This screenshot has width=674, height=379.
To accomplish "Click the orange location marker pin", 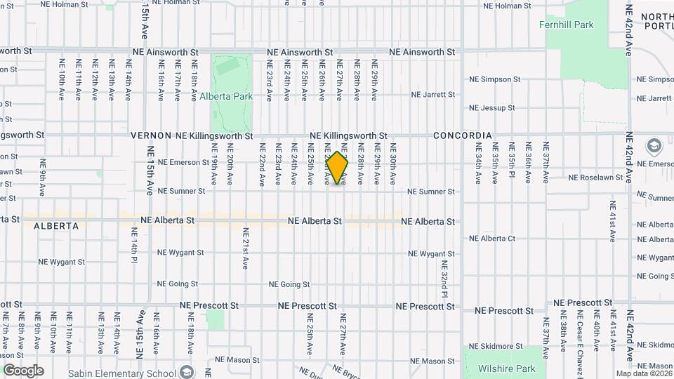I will click(337, 168).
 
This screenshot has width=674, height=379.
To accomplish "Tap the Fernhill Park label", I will click(566, 25).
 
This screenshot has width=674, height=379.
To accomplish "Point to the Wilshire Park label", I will click(506, 368).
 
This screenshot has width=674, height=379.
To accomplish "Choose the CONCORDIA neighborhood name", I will click(462, 135).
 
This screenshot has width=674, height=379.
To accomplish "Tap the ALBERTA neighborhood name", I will click(55, 226).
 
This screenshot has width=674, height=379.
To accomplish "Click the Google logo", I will click(23, 371).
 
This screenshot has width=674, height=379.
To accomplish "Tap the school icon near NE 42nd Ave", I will click(654, 147).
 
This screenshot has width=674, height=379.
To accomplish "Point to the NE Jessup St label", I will click(491, 108).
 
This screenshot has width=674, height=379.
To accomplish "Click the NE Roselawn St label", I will click(595, 178).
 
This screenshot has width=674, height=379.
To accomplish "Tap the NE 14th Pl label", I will click(133, 249).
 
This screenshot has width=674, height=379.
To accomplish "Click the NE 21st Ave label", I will click(246, 249).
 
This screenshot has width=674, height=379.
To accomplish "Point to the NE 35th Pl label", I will click(512, 164).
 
